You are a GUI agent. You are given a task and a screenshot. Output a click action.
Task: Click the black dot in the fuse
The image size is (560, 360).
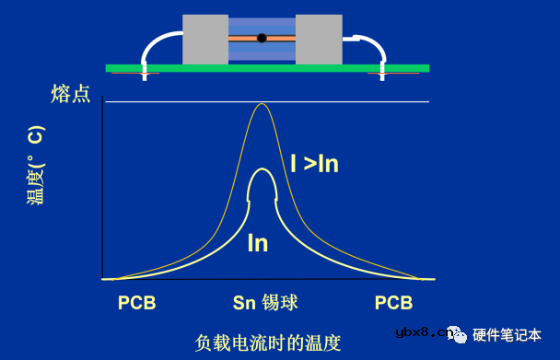[262, 39]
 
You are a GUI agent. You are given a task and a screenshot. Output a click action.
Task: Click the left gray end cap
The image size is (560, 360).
[204, 40]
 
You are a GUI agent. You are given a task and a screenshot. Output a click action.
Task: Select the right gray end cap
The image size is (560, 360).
[319, 40]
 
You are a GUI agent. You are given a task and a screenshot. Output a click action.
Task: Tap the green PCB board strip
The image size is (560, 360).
[267, 67]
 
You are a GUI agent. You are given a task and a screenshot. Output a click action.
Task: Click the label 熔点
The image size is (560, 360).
[71, 93]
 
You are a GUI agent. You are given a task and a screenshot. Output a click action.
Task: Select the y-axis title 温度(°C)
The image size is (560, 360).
[35, 166]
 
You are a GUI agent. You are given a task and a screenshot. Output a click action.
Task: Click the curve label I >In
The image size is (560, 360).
[314, 163]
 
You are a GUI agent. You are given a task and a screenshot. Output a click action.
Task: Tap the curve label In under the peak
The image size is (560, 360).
[258, 242]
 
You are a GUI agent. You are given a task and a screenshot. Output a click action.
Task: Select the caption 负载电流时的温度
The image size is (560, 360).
[268, 343]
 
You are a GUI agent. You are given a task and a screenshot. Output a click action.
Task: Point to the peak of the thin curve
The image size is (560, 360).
[262, 104]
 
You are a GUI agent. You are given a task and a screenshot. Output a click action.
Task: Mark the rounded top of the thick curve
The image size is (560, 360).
[262, 170]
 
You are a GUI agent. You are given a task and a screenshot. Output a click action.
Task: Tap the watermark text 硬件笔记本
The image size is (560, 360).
[507, 334]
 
